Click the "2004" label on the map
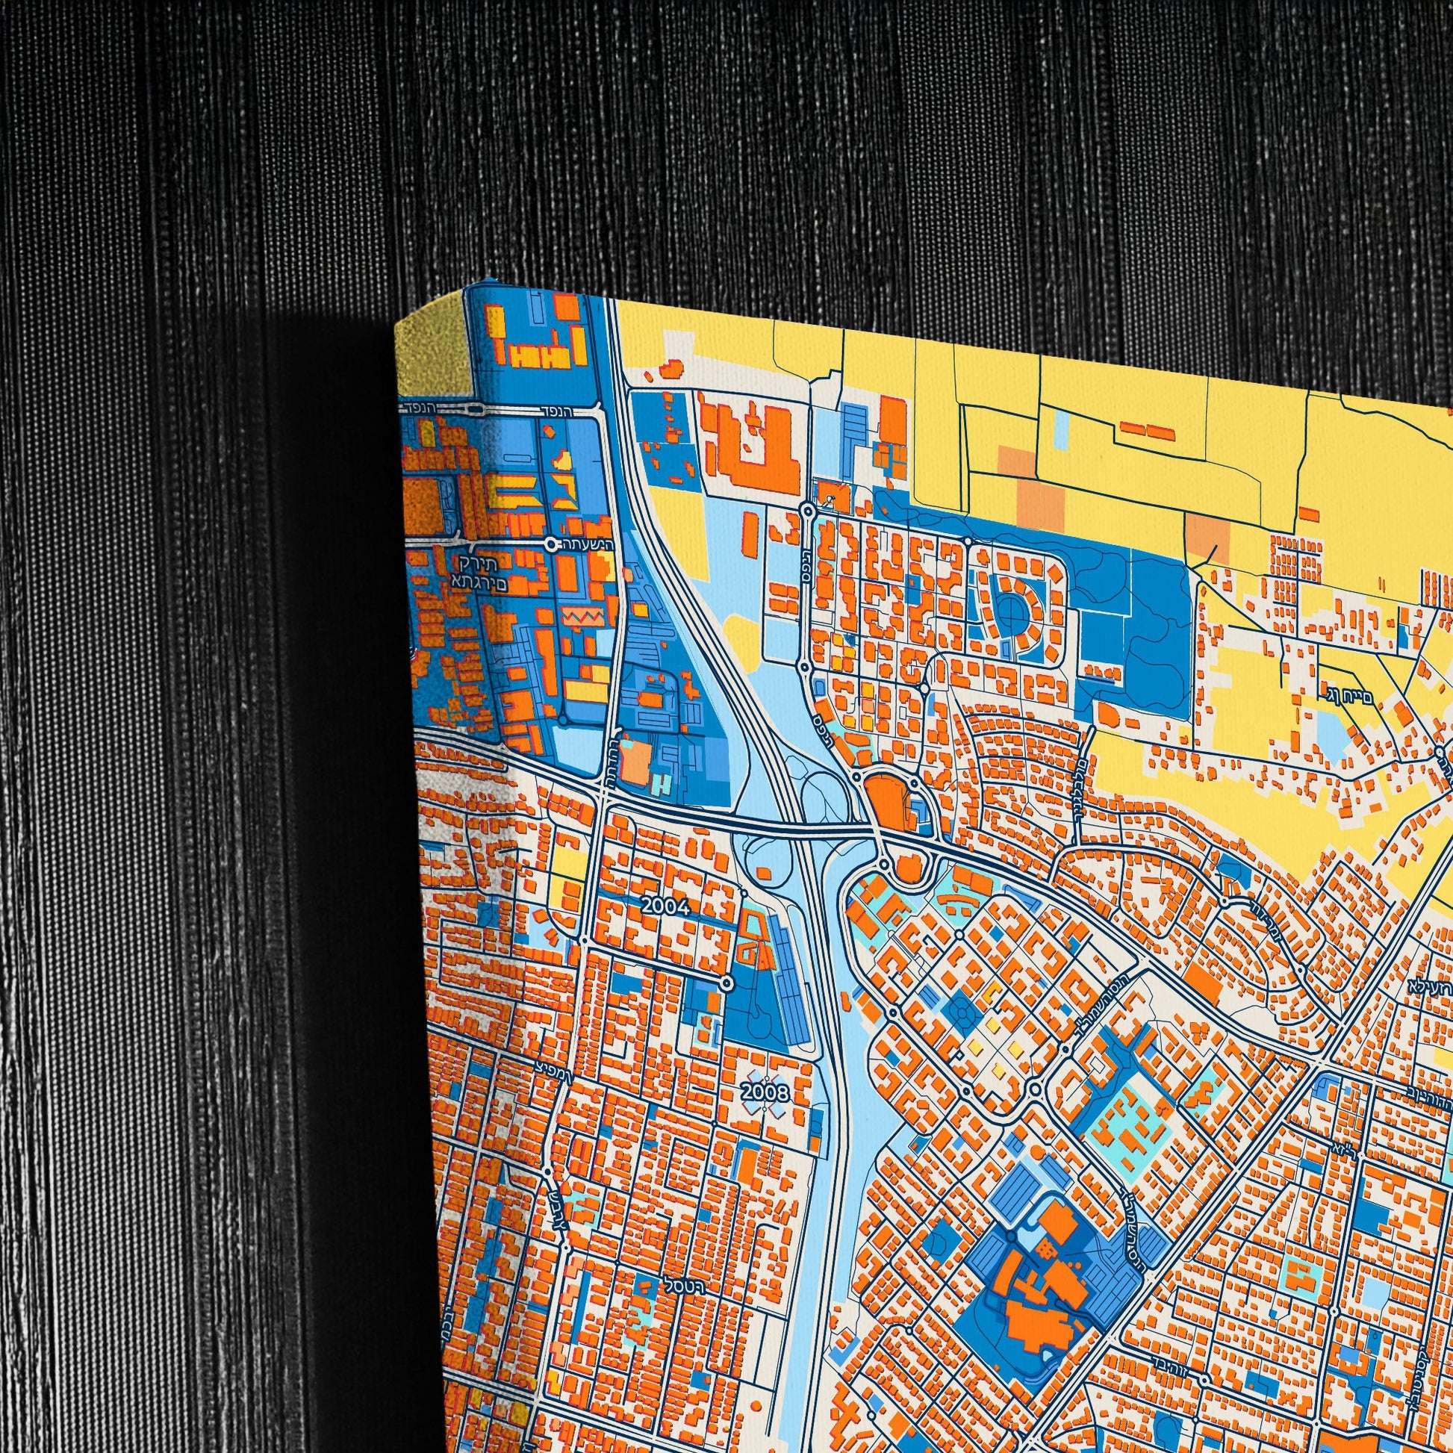[x=665, y=907]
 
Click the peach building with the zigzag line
[x=581, y=617]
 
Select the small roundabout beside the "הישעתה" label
[x=553, y=543]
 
